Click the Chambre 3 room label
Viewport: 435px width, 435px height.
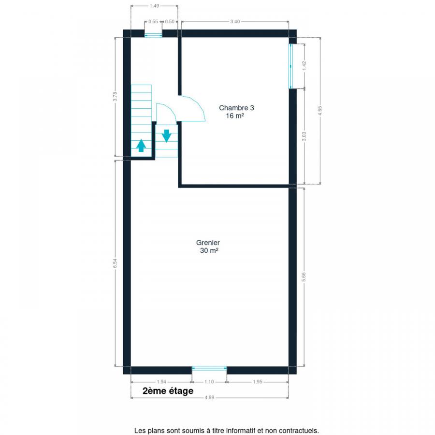tap(236, 108)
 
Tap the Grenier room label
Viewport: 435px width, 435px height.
tap(208, 243)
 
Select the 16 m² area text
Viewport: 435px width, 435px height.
tap(235, 116)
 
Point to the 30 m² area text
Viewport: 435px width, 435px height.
tap(209, 250)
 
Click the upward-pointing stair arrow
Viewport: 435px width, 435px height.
tap(141, 145)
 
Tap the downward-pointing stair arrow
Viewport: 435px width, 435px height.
tap(166, 136)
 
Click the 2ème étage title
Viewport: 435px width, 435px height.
tap(168, 391)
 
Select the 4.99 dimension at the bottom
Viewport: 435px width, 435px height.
tap(209, 398)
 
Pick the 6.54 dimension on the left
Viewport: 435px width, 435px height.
tap(115, 263)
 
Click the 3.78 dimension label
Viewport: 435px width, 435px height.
tap(115, 97)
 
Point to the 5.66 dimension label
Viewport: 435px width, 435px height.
tap(304, 277)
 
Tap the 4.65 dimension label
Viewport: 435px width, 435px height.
tap(320, 111)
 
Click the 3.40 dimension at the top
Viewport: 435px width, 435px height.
tap(235, 22)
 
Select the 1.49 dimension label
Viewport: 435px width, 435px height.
tap(154, 6)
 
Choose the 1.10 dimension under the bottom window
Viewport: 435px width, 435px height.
tap(209, 382)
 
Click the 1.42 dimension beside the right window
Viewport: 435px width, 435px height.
tap(304, 66)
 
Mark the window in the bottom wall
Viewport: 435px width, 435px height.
tap(209, 368)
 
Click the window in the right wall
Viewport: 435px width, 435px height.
tap(291, 66)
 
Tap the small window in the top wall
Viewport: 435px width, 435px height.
tap(153, 35)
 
